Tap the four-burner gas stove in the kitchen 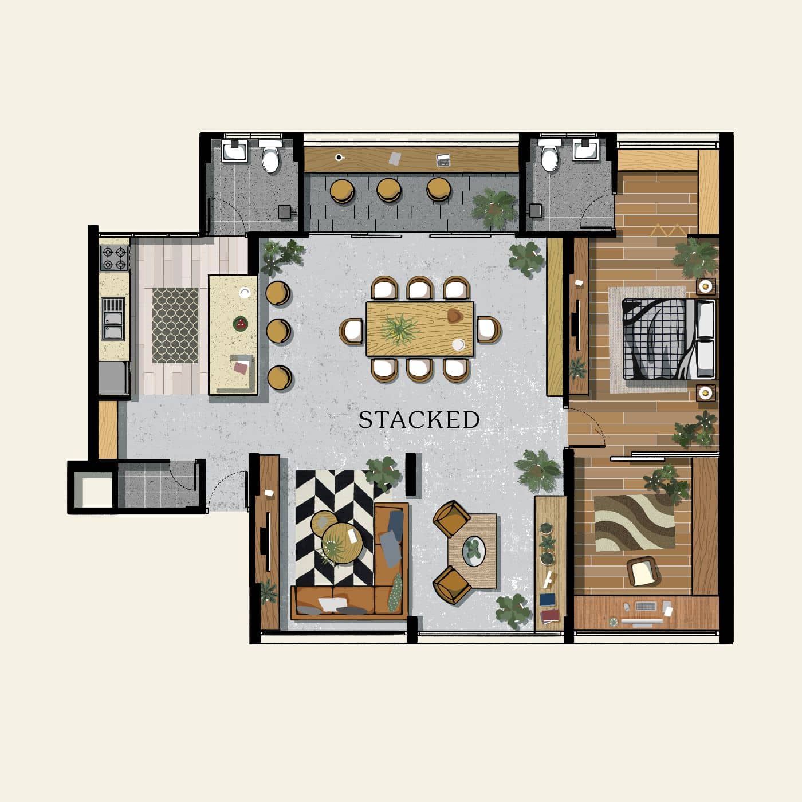(x=115, y=258)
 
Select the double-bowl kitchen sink (x=113, y=319)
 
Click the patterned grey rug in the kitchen (x=175, y=325)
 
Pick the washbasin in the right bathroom (x=586, y=150)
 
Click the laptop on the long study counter (x=443, y=160)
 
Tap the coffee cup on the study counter (x=339, y=158)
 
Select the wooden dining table (x=419, y=329)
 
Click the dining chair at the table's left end (x=352, y=331)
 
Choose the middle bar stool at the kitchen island (x=278, y=331)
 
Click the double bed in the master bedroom (x=669, y=339)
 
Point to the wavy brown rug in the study (x=634, y=522)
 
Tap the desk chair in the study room (x=643, y=571)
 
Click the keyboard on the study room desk (x=646, y=606)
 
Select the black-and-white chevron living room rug (x=335, y=528)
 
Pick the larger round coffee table (x=342, y=543)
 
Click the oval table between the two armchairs (x=474, y=552)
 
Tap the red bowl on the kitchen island (x=240, y=324)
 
